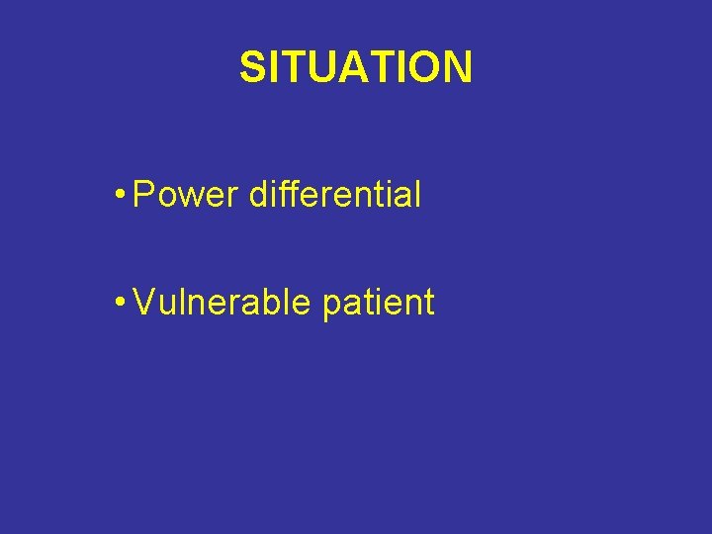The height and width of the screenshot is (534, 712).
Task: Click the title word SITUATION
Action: (x=356, y=67)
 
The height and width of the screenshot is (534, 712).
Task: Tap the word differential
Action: (x=335, y=195)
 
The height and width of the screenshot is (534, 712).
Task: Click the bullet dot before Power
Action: (x=119, y=195)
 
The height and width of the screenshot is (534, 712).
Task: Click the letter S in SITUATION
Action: (x=252, y=67)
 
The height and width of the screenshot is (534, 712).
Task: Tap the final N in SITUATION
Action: (x=459, y=67)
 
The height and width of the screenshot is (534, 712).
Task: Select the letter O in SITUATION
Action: (x=428, y=67)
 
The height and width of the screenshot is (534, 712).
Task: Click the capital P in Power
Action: (x=144, y=195)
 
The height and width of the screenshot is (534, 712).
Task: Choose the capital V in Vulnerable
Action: (x=143, y=303)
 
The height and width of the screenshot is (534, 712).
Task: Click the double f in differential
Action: (x=291, y=195)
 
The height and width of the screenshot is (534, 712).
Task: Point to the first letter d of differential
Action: (x=259, y=195)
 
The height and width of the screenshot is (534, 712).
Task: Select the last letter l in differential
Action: (x=417, y=195)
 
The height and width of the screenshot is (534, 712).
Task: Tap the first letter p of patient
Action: (x=332, y=307)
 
